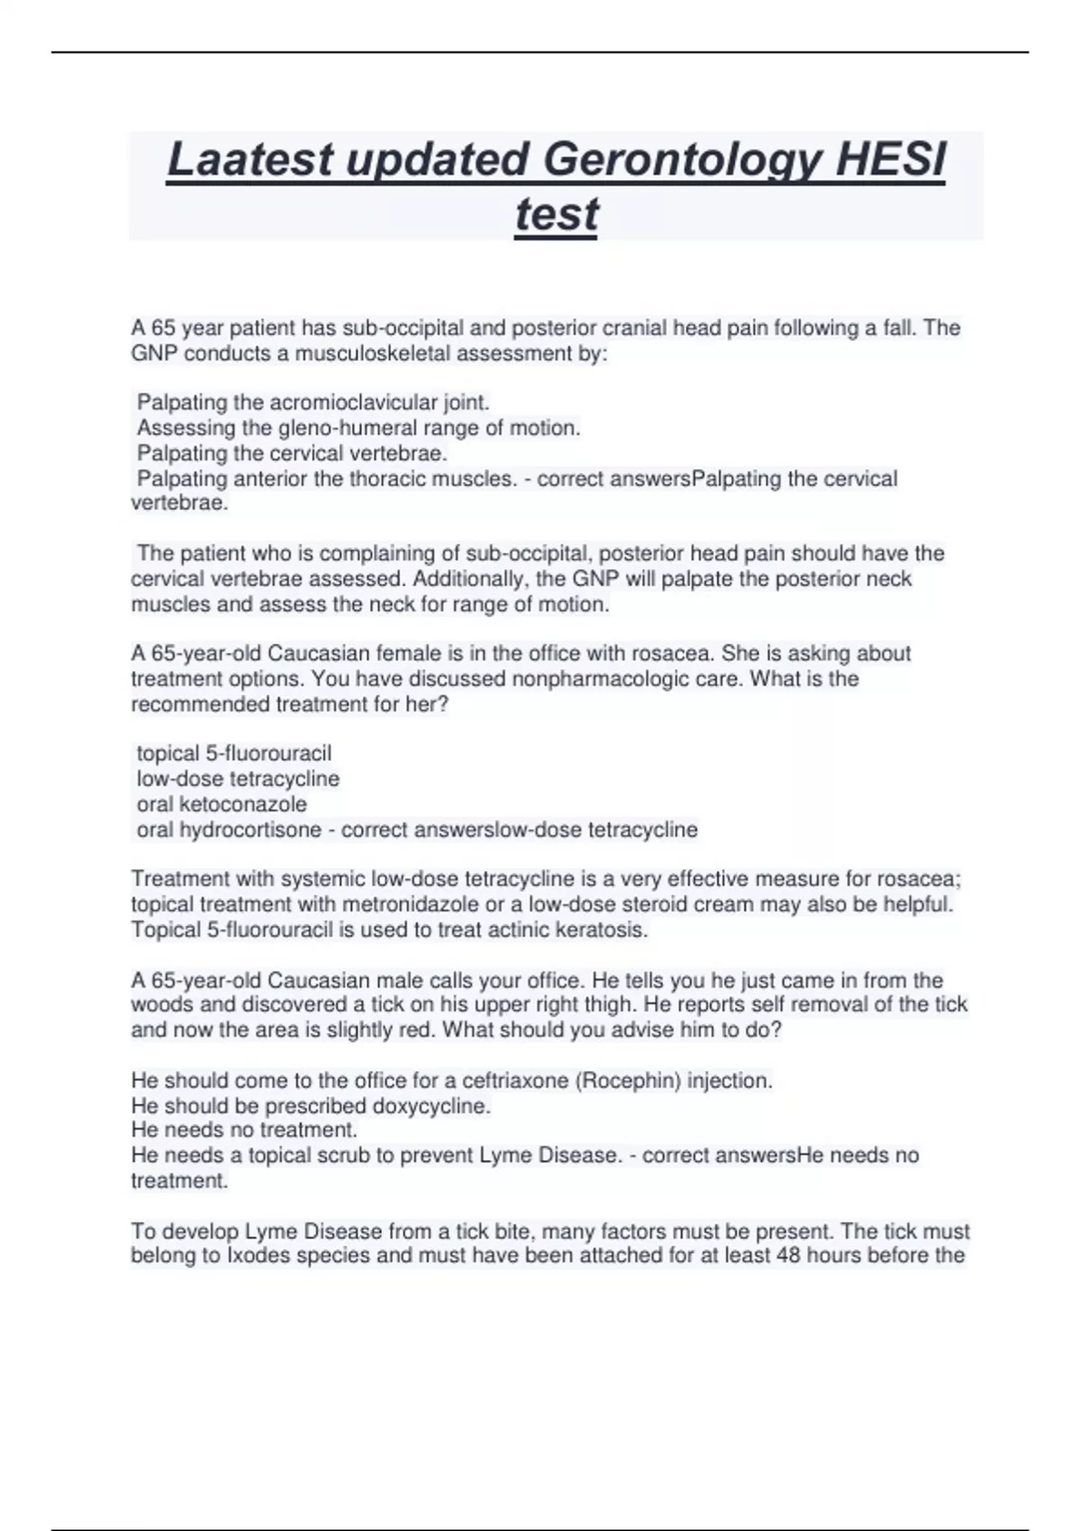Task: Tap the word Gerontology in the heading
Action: pos(683,160)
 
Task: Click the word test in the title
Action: pos(556,214)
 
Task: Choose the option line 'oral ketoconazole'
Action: pos(222,804)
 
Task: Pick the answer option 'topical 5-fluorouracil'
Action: pos(234,753)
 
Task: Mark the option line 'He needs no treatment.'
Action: pos(244,1130)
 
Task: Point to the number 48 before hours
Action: pos(788,1255)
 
